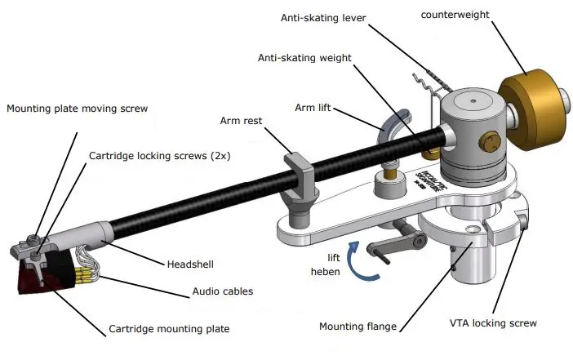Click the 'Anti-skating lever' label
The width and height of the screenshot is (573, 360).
323,16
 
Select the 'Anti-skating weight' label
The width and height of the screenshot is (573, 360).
304,58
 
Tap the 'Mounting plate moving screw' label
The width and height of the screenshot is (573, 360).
78,109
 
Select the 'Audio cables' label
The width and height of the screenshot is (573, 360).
222,291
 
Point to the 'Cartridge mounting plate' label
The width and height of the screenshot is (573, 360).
169,331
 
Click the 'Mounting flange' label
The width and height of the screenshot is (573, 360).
357,327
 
